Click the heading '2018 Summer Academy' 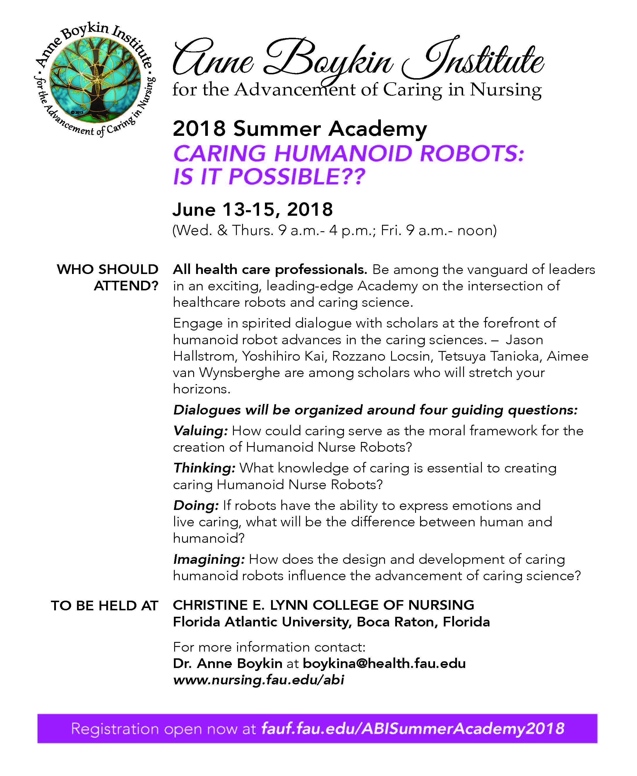pyautogui.click(x=300, y=129)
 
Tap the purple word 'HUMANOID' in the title pyautogui.click(x=343, y=153)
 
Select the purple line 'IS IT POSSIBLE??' pyautogui.click(x=269, y=177)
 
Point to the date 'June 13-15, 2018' pyautogui.click(x=252, y=210)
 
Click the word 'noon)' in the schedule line pyautogui.click(x=477, y=230)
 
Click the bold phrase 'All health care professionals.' pyautogui.click(x=270, y=270)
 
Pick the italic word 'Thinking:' pyautogui.click(x=204, y=468)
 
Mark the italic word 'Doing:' pyautogui.click(x=196, y=506)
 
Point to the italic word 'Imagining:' pyautogui.click(x=209, y=559)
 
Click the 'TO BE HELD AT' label pyautogui.click(x=105, y=606)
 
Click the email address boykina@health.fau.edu pyautogui.click(x=384, y=663)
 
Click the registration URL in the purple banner pyautogui.click(x=412, y=729)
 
